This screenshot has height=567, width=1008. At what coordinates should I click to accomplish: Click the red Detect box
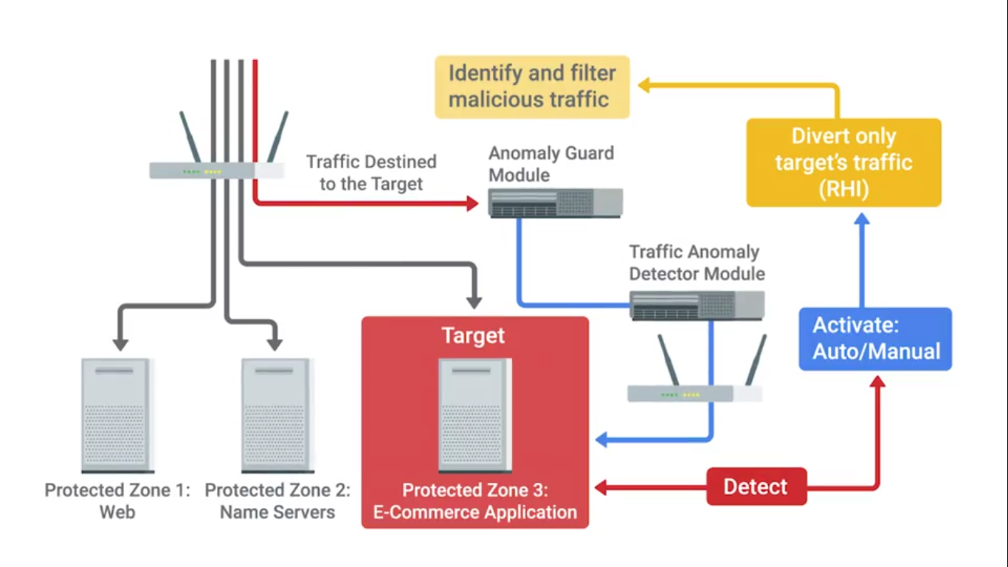(x=756, y=487)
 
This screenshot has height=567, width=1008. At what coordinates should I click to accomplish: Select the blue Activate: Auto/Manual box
(x=875, y=339)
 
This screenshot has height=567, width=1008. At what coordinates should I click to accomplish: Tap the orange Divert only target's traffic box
(x=843, y=162)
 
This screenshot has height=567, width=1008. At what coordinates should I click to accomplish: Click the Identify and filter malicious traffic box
(x=531, y=86)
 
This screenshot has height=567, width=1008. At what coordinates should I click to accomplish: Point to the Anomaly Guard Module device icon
(x=555, y=202)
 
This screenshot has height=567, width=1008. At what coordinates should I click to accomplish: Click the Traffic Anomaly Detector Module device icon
(x=697, y=305)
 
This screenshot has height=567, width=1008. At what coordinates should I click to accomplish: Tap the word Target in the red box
(x=473, y=336)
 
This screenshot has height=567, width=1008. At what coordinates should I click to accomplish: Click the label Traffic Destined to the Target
(x=371, y=173)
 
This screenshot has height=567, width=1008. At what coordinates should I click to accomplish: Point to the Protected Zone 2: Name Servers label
(x=277, y=501)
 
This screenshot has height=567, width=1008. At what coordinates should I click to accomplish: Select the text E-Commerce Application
(x=475, y=512)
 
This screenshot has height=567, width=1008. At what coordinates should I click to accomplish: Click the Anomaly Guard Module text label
(x=550, y=164)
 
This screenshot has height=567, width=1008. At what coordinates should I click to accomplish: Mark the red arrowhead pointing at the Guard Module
(x=473, y=203)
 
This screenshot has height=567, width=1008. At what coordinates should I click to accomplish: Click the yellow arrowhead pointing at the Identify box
(x=643, y=86)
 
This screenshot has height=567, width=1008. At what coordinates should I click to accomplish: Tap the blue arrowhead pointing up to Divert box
(x=862, y=219)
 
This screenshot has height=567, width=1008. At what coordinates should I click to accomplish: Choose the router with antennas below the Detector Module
(x=694, y=392)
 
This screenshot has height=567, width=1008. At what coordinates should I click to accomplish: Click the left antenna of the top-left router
(x=190, y=137)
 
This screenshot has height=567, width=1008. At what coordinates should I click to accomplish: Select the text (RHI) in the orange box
(x=843, y=189)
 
